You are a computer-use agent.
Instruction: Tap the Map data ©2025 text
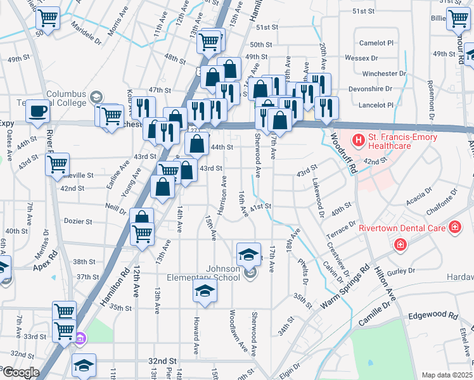point(446,375)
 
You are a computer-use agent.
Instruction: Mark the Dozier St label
point(78,222)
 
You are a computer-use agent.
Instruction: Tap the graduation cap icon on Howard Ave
point(205,291)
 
